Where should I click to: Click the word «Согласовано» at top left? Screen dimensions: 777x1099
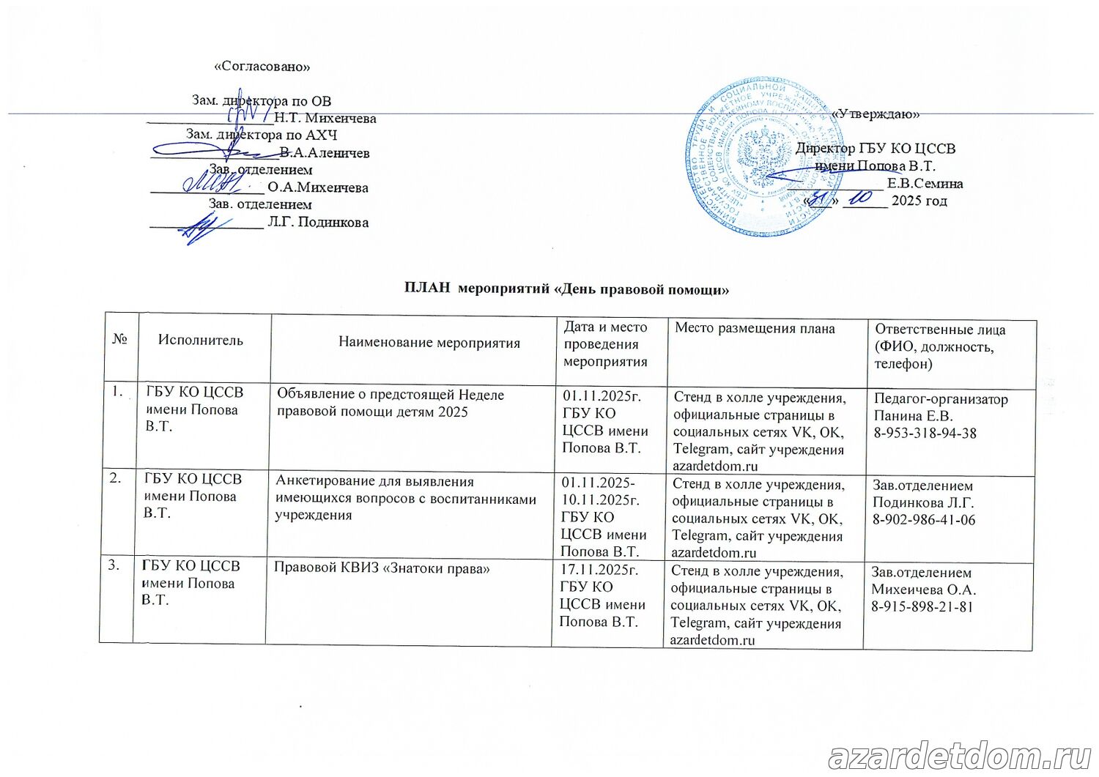[262, 67]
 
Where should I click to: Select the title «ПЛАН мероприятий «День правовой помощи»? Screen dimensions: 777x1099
[566, 289]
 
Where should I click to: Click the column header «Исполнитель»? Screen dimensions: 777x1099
[200, 340]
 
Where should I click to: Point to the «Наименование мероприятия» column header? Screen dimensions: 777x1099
[429, 342]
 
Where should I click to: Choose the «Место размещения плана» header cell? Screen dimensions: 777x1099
[755, 328]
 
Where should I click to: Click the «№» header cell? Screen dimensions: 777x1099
[120, 339]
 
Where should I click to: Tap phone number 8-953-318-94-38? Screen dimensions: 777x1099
[925, 433]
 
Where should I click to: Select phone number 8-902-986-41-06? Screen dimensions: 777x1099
[923, 520]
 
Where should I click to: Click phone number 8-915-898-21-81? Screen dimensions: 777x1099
[922, 606]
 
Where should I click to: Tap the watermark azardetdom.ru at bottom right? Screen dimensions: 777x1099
[960, 756]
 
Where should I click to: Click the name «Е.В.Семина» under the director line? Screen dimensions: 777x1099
[925, 184]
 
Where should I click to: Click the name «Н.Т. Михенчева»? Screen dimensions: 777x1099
[325, 119]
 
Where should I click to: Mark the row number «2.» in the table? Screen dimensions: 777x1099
[116, 478]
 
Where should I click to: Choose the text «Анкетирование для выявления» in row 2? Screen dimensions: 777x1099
[374, 482]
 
